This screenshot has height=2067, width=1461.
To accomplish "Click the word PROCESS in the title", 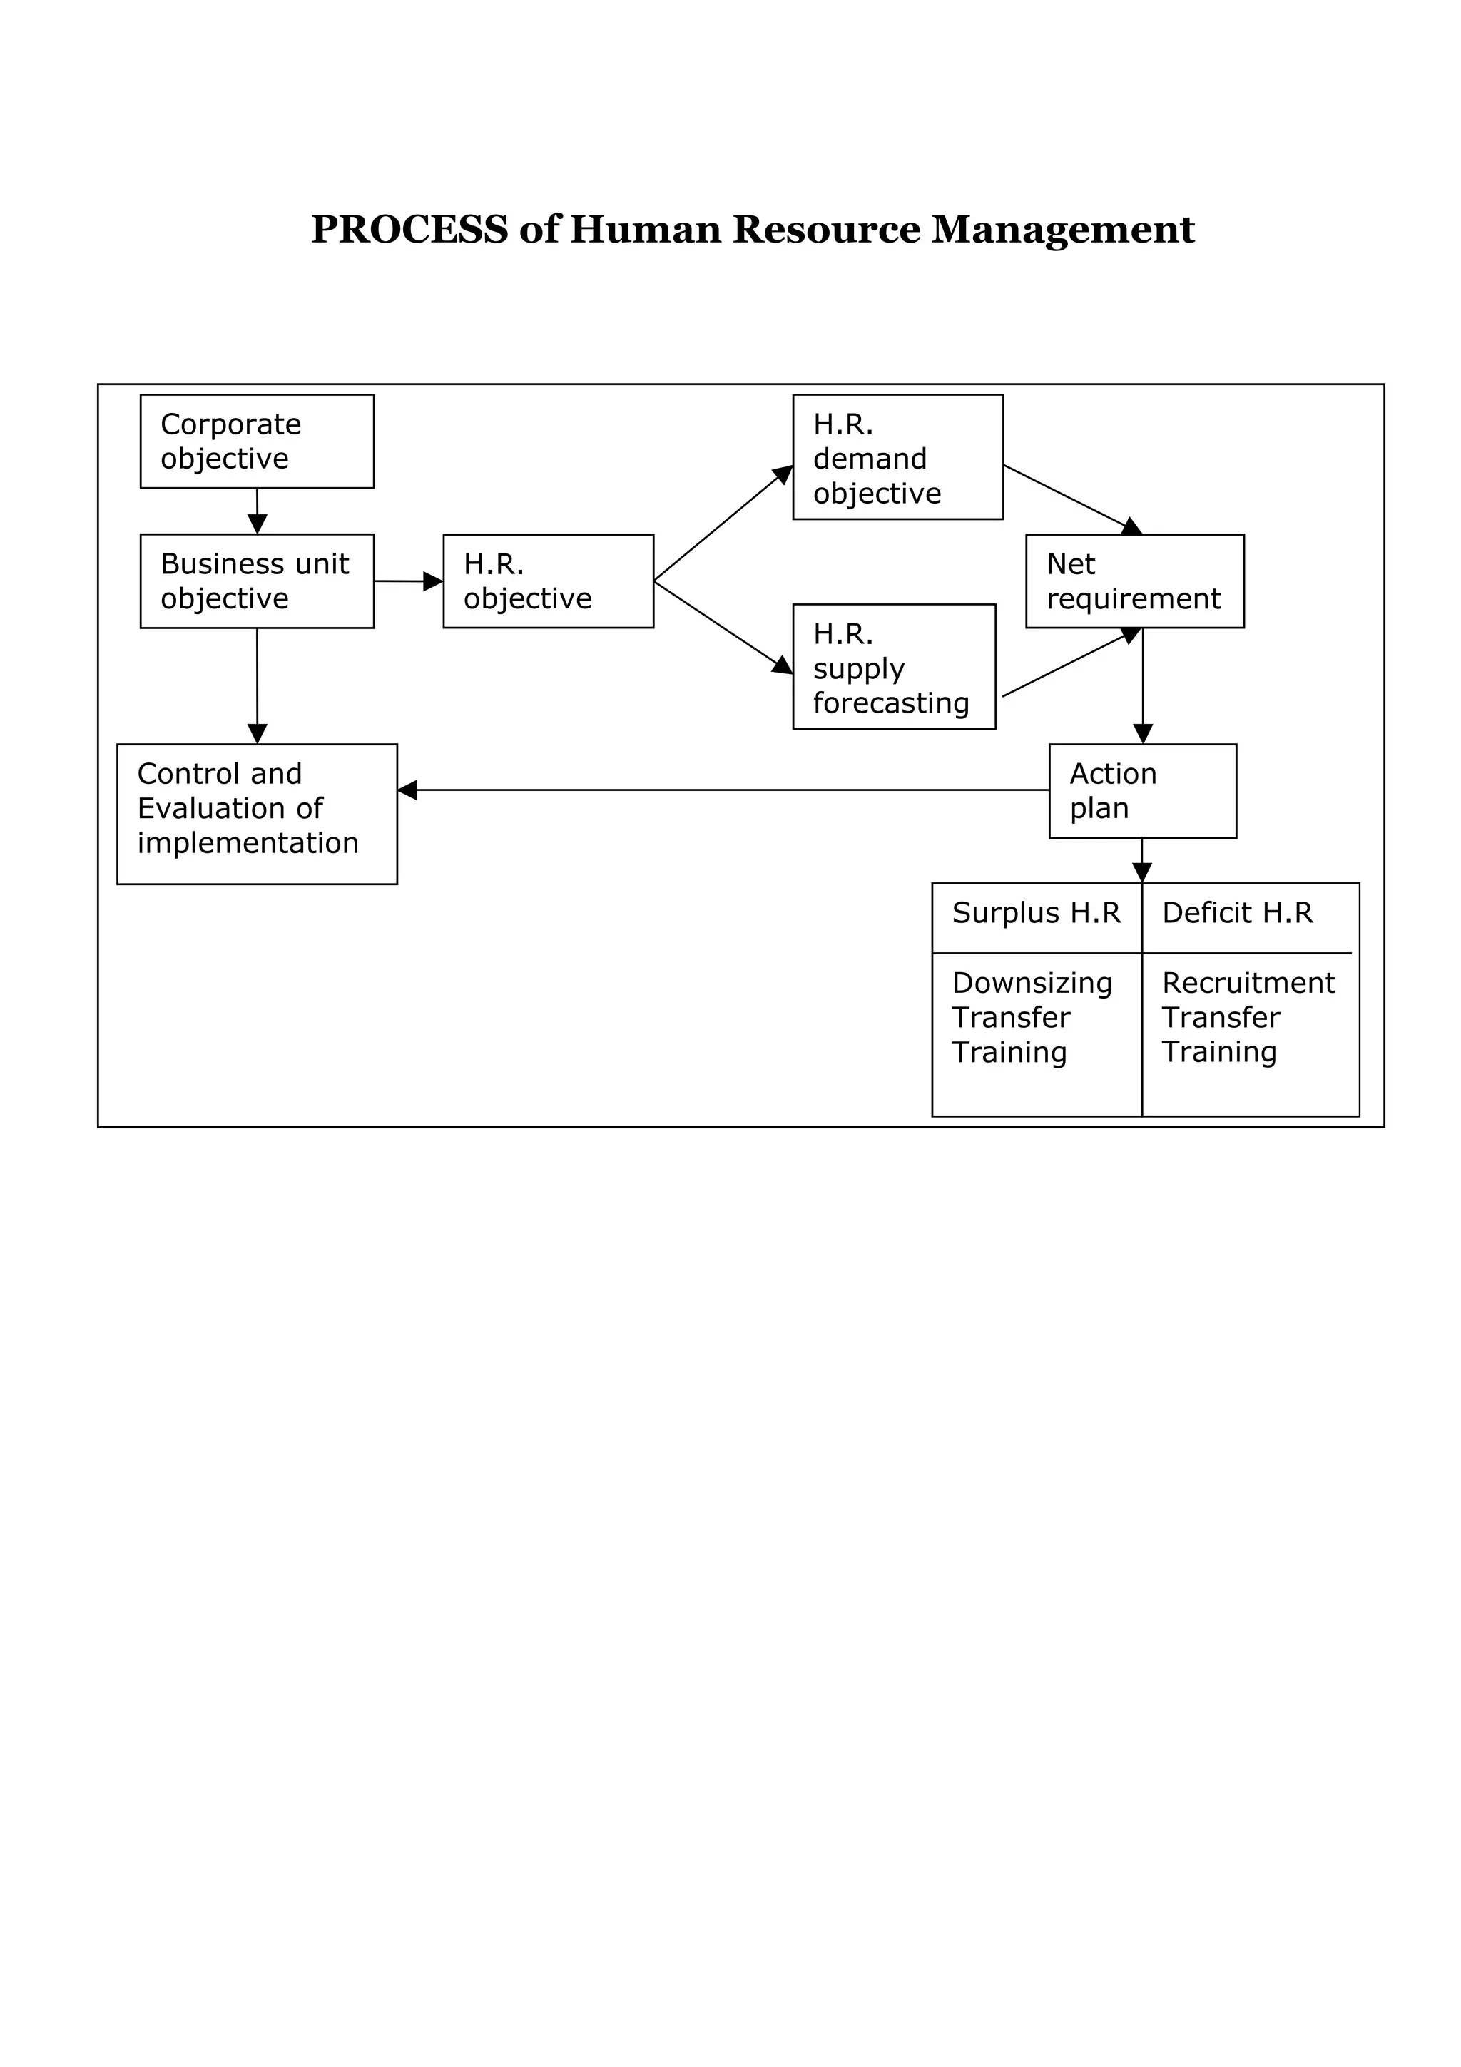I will [x=409, y=230].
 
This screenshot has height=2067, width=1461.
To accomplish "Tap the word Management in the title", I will [x=1062, y=230].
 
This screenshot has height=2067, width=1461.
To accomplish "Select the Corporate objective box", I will [x=257, y=441].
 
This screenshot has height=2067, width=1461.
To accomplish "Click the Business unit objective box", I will [x=257, y=581].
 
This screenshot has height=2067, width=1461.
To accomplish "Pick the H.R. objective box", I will [x=547, y=581].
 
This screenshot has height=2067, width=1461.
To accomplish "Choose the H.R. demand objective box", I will [x=897, y=457].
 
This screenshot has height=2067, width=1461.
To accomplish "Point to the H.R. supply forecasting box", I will [x=893, y=666].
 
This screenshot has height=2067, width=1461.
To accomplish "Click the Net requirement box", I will [x=1134, y=581].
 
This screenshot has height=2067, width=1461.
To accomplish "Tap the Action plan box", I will [x=1141, y=790].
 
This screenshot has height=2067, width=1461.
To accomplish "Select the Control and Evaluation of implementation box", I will [x=257, y=813].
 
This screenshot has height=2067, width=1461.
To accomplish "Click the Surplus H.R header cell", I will [x=1036, y=913].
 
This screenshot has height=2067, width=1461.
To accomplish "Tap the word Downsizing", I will [x=1032, y=982].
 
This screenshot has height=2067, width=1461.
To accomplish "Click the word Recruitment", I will [x=1248, y=982].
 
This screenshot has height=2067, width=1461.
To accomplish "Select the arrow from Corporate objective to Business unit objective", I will [x=257, y=511].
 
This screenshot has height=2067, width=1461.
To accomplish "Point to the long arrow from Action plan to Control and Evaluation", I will [x=720, y=790].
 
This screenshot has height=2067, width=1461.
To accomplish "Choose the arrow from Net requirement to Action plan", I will [x=1142, y=684].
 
